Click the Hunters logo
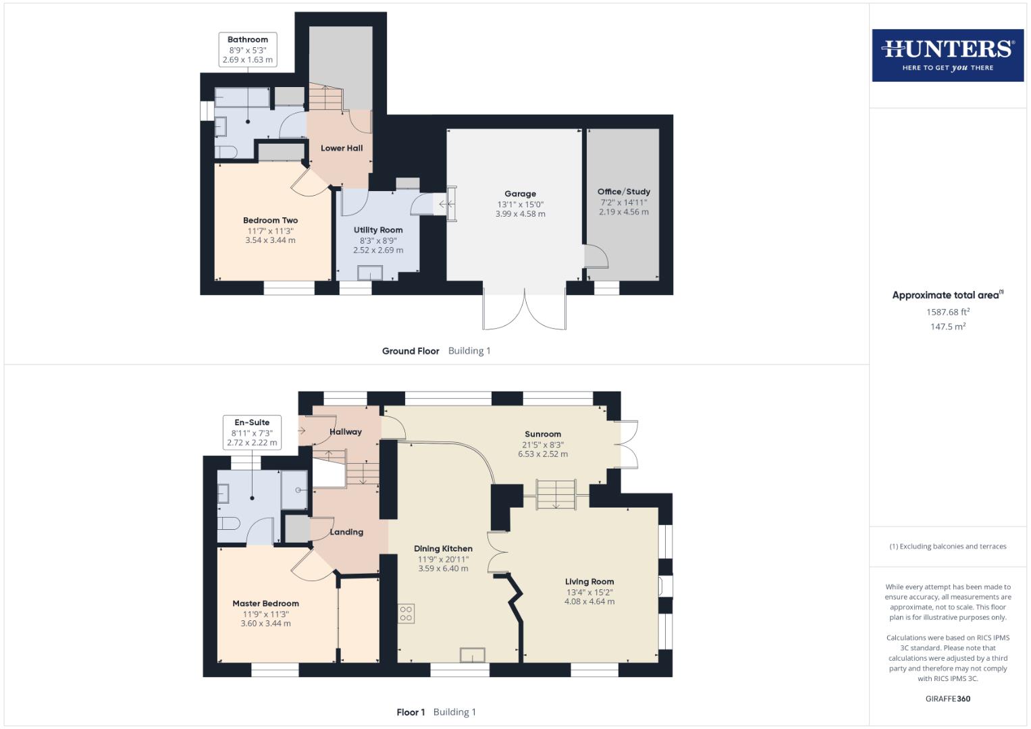tap(947, 55)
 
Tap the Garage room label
tap(520, 194)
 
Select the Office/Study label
tap(623, 192)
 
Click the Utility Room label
tap(378, 230)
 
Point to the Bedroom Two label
tap(270, 221)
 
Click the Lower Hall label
tap(342, 148)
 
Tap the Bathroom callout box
tap(248, 50)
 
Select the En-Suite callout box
tap(252, 433)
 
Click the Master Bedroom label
tap(265, 604)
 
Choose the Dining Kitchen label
tap(443, 549)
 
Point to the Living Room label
tap(589, 582)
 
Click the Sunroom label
tap(543, 435)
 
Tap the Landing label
tap(346, 533)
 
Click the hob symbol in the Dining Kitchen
tap(406, 614)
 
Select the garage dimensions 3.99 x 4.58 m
tap(520, 214)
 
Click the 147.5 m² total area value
tap(947, 327)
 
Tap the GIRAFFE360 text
tap(947, 699)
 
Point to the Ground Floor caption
tap(411, 351)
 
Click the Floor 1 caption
tap(411, 712)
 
